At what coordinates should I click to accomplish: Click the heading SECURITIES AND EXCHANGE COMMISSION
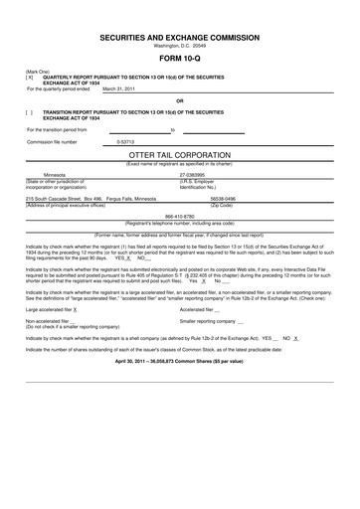coord(179,35)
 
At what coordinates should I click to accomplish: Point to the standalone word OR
coord(179,100)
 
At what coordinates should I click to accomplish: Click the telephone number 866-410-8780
coord(179,216)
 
